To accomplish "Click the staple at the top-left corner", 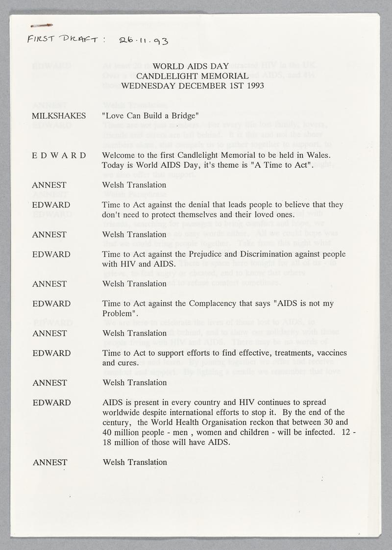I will pos(41,24).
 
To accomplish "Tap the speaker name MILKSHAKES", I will pos(59,116).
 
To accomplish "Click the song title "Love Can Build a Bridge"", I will pos(149,116).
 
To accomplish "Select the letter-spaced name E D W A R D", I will pos(58,155).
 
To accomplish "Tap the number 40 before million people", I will pos(107,431).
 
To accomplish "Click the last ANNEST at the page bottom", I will pos(49,462).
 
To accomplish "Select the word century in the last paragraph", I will pos(115,422).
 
